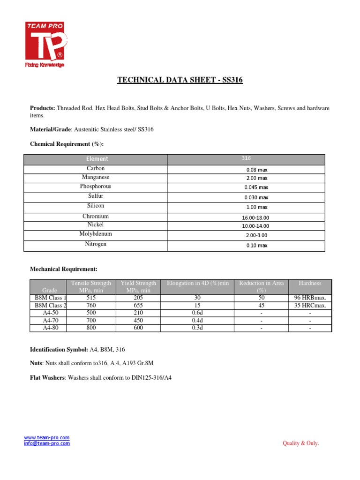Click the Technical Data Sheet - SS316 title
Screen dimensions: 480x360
(180, 81)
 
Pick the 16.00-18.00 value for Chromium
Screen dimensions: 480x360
(256, 217)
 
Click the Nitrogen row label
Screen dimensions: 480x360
(96, 244)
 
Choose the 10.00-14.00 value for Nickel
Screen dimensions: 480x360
(256, 226)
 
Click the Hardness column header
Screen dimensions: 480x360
(310, 283)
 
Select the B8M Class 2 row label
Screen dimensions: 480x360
(51, 306)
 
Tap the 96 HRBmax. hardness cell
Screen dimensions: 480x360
(310, 298)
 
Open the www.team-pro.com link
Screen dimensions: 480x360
(47, 437)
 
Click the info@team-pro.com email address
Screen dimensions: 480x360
(47, 443)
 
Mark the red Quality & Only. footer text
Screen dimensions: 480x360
(300, 443)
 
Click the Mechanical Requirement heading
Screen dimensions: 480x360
(64, 269)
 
